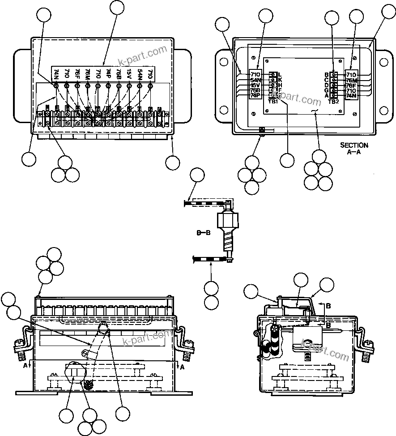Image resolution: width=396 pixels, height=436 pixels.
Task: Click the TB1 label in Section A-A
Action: (273, 102)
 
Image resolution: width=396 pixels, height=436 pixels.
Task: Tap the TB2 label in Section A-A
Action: (333, 102)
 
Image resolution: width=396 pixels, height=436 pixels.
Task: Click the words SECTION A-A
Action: (354, 148)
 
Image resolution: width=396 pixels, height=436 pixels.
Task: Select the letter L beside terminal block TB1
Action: (280, 74)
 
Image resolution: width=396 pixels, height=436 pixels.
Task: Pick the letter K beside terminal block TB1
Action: (280, 80)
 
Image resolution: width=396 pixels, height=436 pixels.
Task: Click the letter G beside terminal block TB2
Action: (326, 90)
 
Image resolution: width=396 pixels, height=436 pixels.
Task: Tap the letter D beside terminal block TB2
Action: (326, 85)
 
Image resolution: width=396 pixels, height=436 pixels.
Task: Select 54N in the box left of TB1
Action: (255, 80)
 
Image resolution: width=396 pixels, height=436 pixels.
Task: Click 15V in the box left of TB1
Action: (255, 85)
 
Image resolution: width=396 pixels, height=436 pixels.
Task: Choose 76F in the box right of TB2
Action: (351, 85)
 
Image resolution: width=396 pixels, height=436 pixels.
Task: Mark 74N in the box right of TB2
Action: (351, 96)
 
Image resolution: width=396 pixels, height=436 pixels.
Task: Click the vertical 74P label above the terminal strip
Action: (108, 74)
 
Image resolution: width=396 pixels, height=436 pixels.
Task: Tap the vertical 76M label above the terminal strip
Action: (88, 74)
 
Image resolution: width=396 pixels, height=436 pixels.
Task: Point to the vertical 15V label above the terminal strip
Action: (129, 74)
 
